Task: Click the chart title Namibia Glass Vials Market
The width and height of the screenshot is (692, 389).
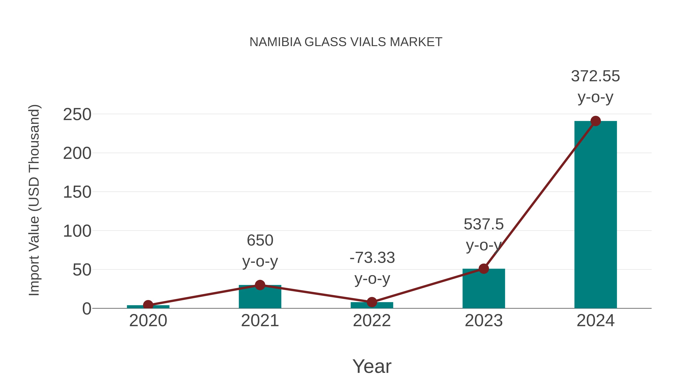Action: [x=346, y=42]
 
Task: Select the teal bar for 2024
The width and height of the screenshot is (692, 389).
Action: [x=596, y=215]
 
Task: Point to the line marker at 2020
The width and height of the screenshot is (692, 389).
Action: [x=148, y=305]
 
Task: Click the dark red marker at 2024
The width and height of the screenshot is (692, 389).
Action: [x=596, y=121]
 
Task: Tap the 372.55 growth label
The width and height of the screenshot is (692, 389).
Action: [x=595, y=76]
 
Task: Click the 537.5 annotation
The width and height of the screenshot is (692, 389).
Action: [x=484, y=224]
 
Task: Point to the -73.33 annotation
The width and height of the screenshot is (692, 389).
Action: [x=372, y=258]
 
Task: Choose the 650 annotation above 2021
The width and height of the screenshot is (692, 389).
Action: [x=260, y=240]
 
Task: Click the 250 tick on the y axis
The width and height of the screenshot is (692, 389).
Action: [x=77, y=115]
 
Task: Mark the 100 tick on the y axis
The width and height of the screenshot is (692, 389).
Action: [x=77, y=231]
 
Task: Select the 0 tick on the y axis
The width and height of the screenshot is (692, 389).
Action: [x=86, y=309]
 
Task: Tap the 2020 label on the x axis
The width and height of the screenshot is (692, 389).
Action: [x=148, y=321]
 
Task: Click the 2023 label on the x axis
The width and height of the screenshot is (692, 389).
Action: [x=484, y=321]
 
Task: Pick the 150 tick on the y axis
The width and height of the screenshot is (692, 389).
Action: [x=77, y=192]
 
